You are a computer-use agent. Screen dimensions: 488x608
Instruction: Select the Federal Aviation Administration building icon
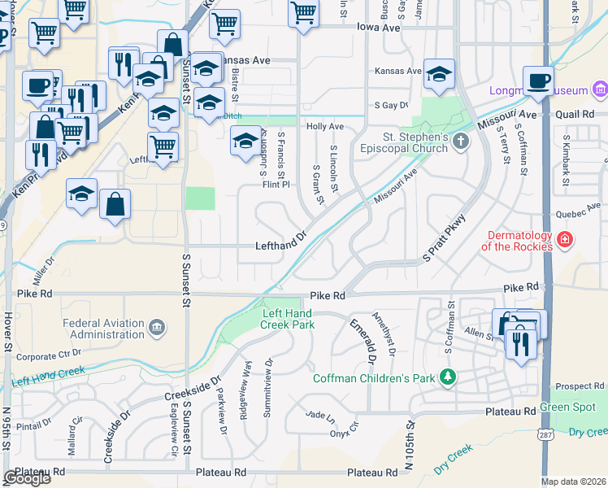(157, 328)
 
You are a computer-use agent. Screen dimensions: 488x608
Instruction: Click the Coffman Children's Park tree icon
(446, 377)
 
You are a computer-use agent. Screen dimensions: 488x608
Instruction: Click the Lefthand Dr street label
(280, 245)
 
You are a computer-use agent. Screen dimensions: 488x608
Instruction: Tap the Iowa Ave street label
(379, 28)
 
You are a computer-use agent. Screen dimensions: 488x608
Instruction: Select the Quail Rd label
(576, 115)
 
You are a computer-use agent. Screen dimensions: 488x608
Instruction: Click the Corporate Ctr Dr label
(49, 355)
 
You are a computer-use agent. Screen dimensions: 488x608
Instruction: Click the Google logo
(27, 478)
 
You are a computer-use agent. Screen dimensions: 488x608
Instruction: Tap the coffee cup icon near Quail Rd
(538, 82)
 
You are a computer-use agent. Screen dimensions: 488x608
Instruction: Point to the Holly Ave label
(325, 127)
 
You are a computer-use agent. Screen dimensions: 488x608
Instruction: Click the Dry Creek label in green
(588, 432)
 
